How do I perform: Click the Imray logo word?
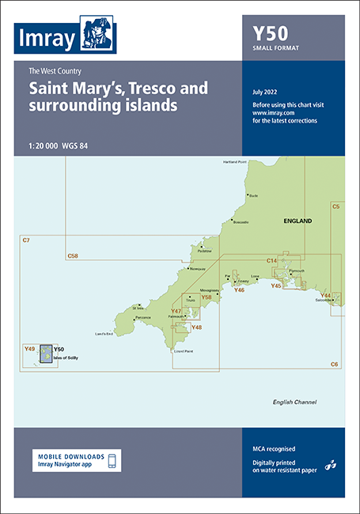point(47,38)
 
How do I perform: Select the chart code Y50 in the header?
point(270,33)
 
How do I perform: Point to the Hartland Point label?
point(235,162)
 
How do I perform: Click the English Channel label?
point(294,402)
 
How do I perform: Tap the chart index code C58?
point(73,255)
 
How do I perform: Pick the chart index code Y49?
point(30,348)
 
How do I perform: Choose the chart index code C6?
point(334,363)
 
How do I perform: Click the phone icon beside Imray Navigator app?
point(112,460)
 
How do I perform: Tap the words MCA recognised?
point(267,448)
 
